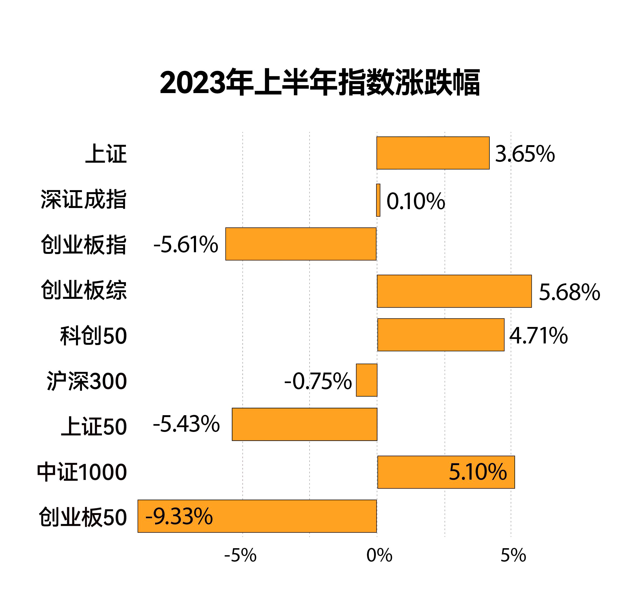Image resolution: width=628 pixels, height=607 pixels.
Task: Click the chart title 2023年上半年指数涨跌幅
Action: coord(320,82)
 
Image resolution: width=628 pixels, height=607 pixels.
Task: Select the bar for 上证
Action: coord(433,153)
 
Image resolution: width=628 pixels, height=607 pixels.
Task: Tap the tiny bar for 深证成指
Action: coord(378,200)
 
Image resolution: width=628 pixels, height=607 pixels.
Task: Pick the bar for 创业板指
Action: coord(301,244)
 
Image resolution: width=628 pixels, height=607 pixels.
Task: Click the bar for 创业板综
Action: coord(454,291)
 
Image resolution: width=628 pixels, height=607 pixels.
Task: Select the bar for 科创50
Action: coord(441,335)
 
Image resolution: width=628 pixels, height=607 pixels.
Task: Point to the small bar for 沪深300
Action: coord(366,380)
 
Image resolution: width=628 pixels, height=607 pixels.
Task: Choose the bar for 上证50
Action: coord(304,424)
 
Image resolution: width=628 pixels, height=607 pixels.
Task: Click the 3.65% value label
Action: coord(525,154)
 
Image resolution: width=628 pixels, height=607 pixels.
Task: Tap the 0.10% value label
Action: coord(416,201)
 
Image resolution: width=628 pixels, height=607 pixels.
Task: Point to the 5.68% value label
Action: coord(569,292)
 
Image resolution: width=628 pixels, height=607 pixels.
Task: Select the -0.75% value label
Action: coord(318,381)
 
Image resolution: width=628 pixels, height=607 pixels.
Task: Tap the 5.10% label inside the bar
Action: coord(478,472)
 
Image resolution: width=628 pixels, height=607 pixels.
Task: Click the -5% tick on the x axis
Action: coord(240,555)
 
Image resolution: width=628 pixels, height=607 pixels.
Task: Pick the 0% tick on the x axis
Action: coord(379,555)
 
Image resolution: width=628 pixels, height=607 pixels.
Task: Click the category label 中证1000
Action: coord(82,472)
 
